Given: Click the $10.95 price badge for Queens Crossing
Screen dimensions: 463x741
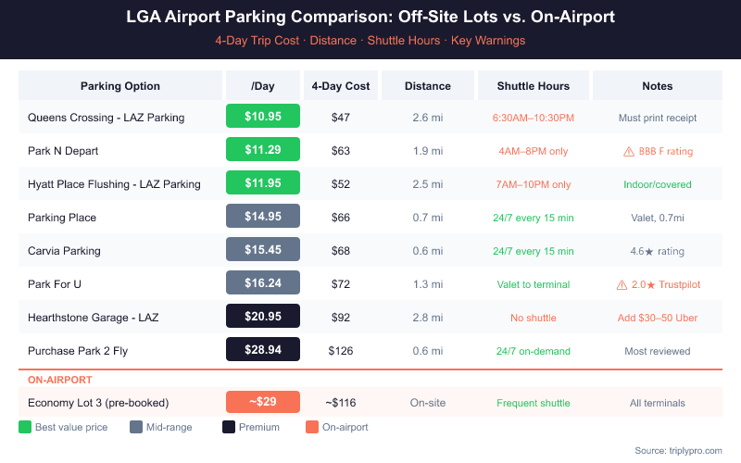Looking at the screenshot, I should [x=263, y=117].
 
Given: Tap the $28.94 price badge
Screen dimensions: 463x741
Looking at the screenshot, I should [x=263, y=351].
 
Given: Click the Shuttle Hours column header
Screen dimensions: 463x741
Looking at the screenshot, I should [x=533, y=86].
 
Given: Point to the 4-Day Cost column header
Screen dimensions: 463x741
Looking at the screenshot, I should [x=340, y=86].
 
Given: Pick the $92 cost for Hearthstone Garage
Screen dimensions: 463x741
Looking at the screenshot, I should [x=340, y=318].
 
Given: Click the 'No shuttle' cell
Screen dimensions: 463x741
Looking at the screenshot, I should [x=533, y=318].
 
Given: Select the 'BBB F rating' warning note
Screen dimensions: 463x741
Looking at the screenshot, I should [x=658, y=151].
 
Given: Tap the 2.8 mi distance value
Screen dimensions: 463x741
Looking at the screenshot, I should [x=427, y=318].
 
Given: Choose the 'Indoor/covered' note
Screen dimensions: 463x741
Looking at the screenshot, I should [x=658, y=184].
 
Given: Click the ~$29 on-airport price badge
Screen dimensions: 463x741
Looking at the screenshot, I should [x=263, y=403].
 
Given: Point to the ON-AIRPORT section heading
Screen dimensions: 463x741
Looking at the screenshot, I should [x=59, y=379].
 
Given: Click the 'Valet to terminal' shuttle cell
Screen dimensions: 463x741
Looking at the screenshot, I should [x=533, y=284].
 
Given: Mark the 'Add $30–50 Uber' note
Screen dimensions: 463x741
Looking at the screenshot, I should [x=658, y=318].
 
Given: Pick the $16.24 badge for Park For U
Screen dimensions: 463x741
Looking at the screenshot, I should [x=263, y=284].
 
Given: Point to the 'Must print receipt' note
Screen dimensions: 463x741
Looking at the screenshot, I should [x=658, y=118].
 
